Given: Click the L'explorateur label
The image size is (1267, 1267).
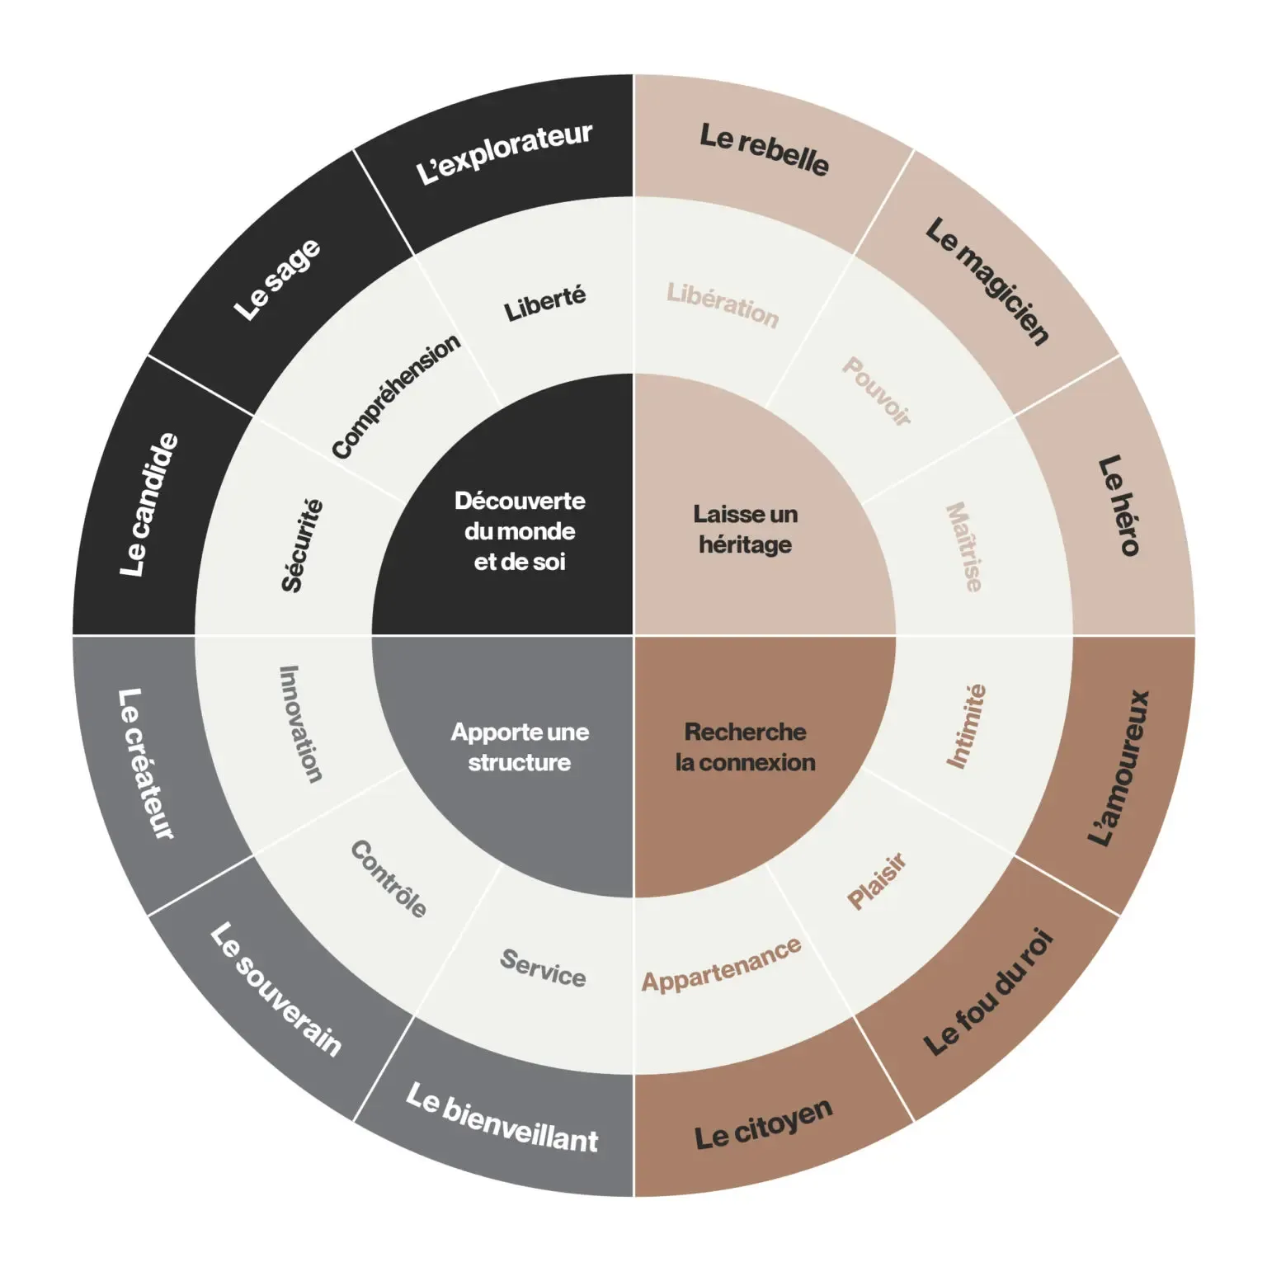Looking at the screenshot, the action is click(504, 153).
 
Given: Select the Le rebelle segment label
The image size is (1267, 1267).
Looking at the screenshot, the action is click(764, 149).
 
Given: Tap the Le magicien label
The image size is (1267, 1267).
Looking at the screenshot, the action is click(987, 280).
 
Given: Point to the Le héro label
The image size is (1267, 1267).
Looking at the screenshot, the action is click(1119, 506).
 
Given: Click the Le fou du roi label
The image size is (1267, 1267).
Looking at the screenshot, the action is click(987, 991).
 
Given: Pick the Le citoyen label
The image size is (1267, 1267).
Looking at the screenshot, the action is click(763, 1123).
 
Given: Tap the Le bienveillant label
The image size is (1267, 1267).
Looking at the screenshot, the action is click(502, 1118).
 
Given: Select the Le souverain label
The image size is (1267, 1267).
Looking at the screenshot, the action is click(276, 989).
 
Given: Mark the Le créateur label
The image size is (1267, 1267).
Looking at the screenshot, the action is click(146, 764).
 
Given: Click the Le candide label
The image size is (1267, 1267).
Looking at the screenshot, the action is click(148, 504).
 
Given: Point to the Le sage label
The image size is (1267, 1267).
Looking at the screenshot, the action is click(277, 279).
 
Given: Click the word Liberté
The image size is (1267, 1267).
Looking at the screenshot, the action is click(545, 304).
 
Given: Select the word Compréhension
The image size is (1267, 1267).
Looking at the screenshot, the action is click(396, 396).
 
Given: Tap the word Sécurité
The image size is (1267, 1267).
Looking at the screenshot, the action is click(302, 545).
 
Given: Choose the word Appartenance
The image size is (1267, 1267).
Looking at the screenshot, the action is click(722, 965).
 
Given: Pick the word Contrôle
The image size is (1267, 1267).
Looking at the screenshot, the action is click(389, 878).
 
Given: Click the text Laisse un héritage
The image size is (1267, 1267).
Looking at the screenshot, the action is click(746, 530).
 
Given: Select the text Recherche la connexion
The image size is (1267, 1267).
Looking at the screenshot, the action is click(746, 747).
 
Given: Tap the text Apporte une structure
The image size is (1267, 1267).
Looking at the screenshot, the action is click(520, 747).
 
